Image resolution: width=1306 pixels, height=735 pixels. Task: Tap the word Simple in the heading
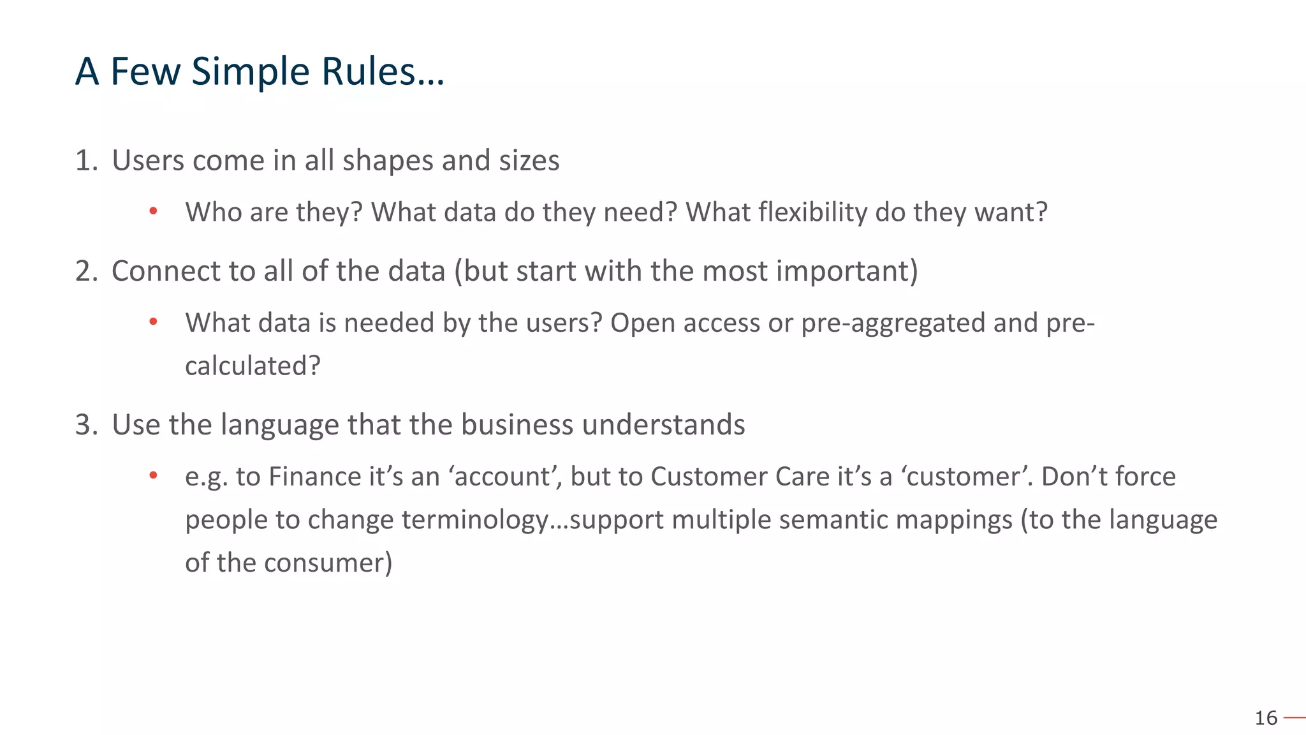(x=251, y=72)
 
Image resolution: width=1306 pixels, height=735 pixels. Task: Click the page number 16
(x=1266, y=718)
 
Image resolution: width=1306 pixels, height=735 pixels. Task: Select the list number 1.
(x=85, y=160)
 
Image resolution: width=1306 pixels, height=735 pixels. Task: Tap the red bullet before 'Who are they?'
(x=153, y=211)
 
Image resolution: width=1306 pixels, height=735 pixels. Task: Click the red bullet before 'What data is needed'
(x=153, y=322)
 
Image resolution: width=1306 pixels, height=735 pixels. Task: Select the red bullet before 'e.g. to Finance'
(x=153, y=476)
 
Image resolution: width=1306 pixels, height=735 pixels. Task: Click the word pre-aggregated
(x=893, y=323)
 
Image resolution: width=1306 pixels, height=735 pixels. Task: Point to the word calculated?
(x=253, y=366)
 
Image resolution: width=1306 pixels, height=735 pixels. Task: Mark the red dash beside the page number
(x=1295, y=718)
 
